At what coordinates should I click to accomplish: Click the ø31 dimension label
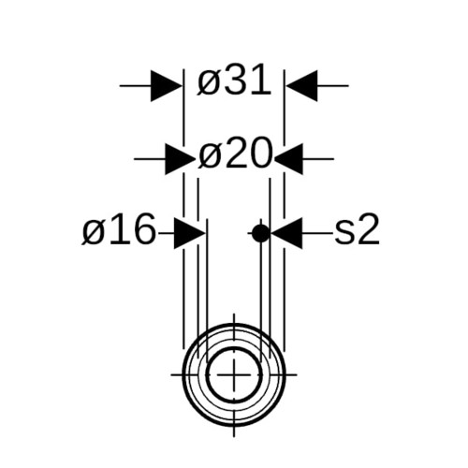pos(234,80)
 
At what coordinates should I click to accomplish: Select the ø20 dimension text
pos(235,154)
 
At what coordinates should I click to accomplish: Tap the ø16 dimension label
pos(119,229)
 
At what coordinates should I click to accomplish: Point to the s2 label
pos(357,229)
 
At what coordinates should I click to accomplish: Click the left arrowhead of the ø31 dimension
pos(167,85)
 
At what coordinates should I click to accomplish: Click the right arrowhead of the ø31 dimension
pos(301,85)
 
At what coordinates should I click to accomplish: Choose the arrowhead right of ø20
pos(288,159)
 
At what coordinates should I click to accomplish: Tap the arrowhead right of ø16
pos(190,233)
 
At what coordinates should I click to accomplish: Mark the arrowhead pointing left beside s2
pos(287,233)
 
